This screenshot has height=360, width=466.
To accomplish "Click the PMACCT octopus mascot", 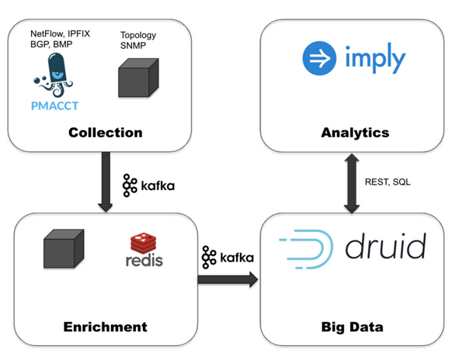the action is tap(54, 75).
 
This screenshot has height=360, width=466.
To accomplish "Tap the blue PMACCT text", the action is tap(54, 106).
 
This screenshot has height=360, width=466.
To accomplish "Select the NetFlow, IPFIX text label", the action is tap(60, 34).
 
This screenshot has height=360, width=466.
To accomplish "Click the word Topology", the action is tap(138, 36).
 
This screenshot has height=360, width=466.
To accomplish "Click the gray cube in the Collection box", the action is tap(138, 78).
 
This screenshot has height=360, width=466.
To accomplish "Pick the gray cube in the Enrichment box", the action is tap(64, 249).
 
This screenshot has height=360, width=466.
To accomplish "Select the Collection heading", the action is tap(106, 133).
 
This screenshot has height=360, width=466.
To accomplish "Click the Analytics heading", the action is tap(355, 133).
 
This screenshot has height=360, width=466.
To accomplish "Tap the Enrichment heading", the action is tap(105, 327).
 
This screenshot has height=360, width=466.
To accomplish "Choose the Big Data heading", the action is tap(352, 327).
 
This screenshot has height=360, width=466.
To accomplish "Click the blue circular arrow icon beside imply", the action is tap(319, 58).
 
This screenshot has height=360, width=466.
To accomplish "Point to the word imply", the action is tap(375, 59).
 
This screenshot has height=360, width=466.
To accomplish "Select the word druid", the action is tap(385, 246).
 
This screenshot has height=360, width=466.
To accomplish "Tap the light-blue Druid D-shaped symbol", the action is tap(306, 249).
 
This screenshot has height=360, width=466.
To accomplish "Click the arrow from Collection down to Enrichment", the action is tap(106, 182).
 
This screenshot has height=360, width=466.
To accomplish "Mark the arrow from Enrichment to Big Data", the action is tap(228, 279).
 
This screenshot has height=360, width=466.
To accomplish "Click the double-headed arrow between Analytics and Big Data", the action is tap(352, 183).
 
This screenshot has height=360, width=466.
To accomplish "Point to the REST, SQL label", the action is tap(388, 182).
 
